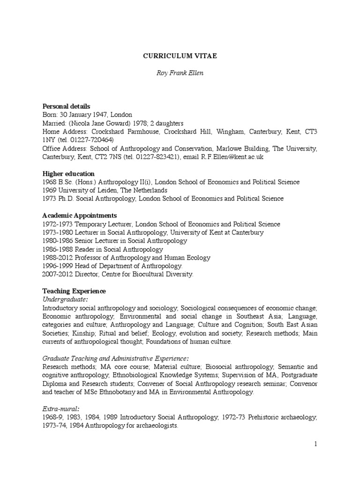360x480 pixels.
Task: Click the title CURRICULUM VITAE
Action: tap(180, 56)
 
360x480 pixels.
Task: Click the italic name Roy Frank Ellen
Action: tap(180, 74)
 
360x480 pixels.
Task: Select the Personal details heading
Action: tap(66, 106)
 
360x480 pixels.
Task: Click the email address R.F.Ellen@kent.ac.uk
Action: tap(232, 157)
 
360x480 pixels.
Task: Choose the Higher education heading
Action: tap(68, 173)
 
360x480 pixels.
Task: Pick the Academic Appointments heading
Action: tap(77, 216)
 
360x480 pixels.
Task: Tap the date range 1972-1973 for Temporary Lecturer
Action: tap(57, 224)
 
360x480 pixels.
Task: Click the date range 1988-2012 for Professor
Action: tap(57, 258)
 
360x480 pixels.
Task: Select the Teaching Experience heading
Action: tap(74, 291)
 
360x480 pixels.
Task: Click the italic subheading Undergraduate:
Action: tap(65, 300)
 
